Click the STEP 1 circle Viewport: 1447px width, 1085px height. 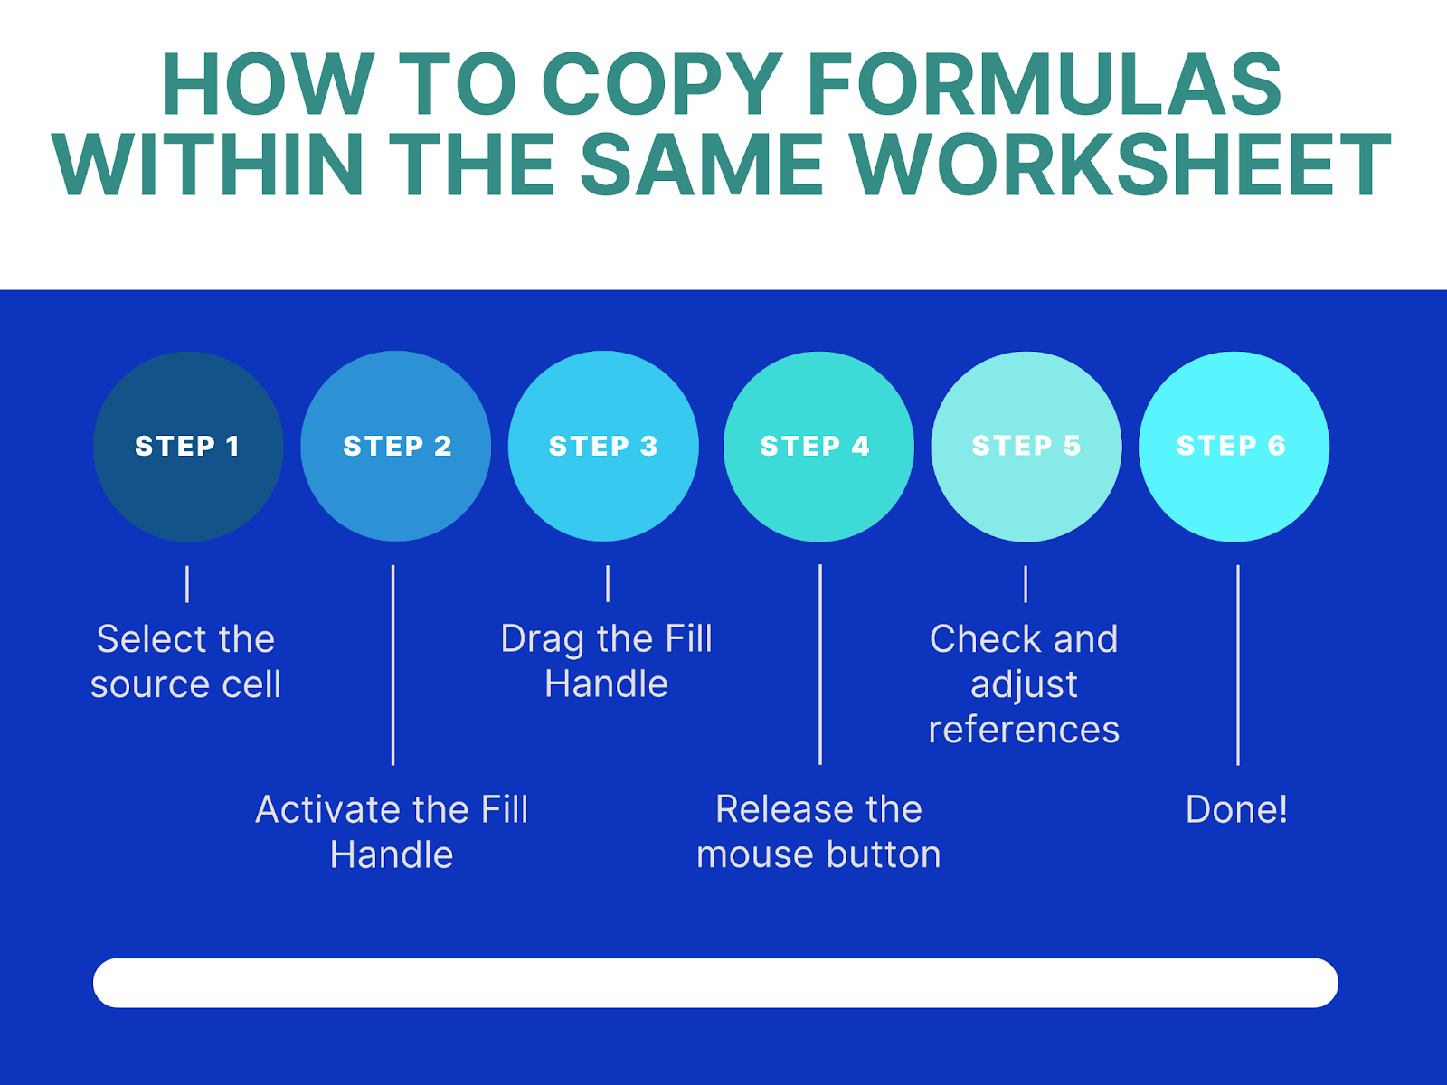pos(188,447)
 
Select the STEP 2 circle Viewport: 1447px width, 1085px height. pos(395,446)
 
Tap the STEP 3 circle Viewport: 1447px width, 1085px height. pos(603,446)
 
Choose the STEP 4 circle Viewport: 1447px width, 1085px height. pos(818,447)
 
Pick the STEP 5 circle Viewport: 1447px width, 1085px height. pos(1026,447)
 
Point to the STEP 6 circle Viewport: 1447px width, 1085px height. pos(1234,447)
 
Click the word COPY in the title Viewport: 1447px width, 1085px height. pos(663,84)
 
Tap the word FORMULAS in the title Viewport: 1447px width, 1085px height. pos(1044,84)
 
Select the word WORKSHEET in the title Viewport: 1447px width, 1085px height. pos(1120,164)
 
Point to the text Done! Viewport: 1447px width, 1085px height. pos(1236,809)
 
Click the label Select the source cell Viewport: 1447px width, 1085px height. pos(186,662)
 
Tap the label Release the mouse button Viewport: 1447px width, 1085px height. pos(818,832)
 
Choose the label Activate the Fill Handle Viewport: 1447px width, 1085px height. pos(392,832)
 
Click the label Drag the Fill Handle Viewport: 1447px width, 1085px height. pos(607,662)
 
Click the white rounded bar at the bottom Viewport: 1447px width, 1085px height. pos(715,983)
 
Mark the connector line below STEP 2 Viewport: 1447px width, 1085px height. pos(392,665)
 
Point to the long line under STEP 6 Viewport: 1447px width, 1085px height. pos(1238,665)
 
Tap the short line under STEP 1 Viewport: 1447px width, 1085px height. pos(187,584)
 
